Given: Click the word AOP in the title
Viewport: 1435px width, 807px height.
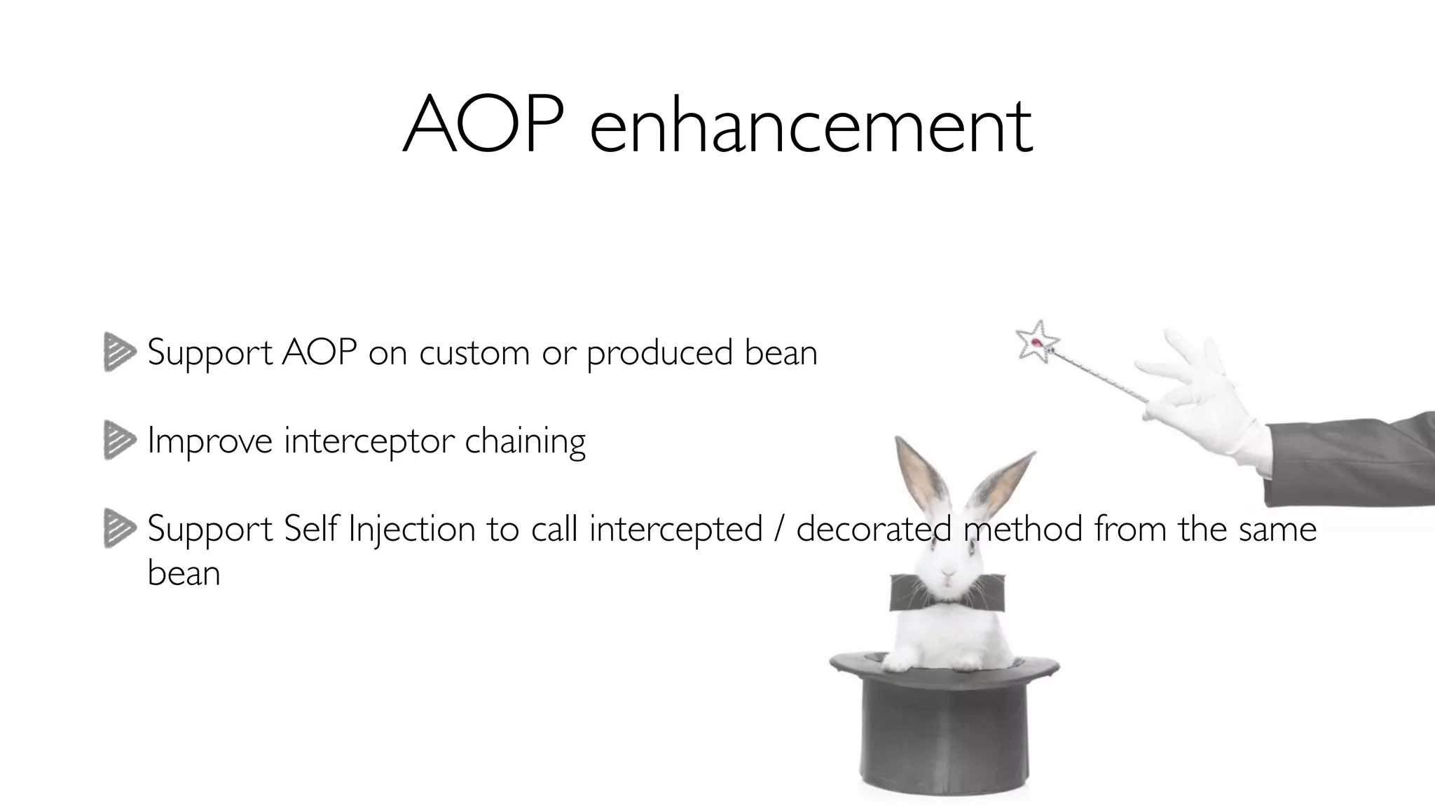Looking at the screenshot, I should pyautogui.click(x=483, y=126).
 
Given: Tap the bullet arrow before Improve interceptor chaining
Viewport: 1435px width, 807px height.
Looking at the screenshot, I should pyautogui.click(x=119, y=440).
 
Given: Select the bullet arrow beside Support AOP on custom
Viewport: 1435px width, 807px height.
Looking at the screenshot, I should pyautogui.click(x=119, y=352).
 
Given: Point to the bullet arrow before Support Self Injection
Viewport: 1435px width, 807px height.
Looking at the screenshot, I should pyautogui.click(x=119, y=528).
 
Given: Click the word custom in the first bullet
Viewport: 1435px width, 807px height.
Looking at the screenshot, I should pyautogui.click(x=474, y=353).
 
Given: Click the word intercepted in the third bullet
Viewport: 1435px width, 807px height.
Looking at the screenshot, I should pyautogui.click(x=675, y=530).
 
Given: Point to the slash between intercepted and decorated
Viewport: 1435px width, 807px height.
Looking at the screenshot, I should pyautogui.click(x=779, y=530).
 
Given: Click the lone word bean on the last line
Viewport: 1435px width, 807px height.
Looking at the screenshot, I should pyautogui.click(x=184, y=573).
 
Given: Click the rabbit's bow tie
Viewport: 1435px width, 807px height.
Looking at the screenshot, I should pyautogui.click(x=947, y=593).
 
